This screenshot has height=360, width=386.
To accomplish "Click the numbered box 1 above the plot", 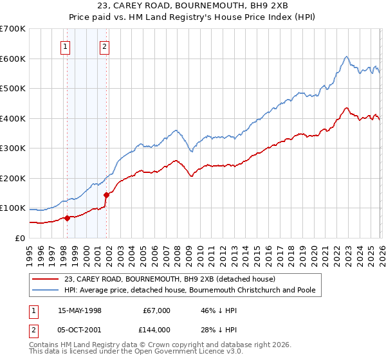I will point(66,46).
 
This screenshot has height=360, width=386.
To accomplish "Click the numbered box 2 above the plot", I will point(104,46).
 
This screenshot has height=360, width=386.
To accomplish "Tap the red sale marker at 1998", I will point(67,218).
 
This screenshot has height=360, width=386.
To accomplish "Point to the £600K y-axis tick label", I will point(13,59).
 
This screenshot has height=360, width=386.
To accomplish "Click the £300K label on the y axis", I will point(13,148).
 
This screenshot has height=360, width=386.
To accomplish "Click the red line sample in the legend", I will point(46,279).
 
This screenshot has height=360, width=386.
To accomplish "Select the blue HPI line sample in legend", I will point(46,290).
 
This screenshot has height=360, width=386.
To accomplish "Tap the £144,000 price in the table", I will point(156,329).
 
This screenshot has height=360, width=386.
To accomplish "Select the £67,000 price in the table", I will point(156,310).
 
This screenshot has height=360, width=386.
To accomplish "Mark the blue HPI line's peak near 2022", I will point(346,57).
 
